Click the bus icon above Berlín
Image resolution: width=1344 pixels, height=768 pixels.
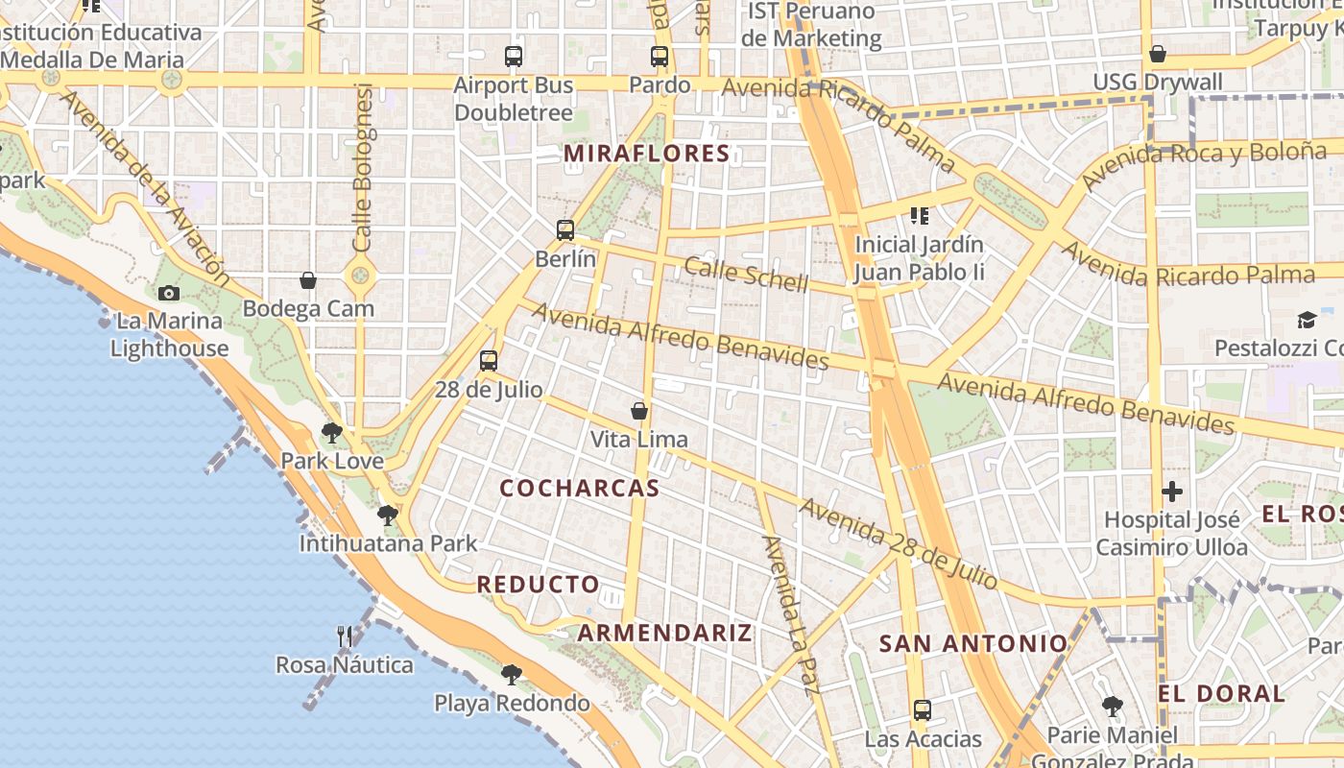coord(565,230)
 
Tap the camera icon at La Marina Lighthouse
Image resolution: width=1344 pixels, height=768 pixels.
coord(169,293)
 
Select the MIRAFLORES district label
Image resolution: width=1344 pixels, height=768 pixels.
coord(647,154)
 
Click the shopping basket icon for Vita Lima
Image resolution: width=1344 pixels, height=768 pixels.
coord(639,411)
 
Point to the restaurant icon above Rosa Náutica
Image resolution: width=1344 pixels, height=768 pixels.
coord(345,636)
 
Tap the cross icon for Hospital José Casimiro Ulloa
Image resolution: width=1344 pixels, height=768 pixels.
coord(1172,492)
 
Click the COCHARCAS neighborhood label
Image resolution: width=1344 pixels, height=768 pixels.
coord(580,488)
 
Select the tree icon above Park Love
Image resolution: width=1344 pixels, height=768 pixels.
coord(332,433)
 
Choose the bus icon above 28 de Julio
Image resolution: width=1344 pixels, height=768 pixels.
coord(489,361)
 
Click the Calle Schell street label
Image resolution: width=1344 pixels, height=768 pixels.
coord(746,275)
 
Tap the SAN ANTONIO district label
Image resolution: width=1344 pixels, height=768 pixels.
coord(973,643)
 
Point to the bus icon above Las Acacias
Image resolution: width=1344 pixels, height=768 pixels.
coord(923,710)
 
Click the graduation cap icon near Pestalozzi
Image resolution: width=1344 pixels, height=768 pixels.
coord(1307,320)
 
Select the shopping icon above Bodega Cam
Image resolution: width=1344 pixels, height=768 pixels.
coord(308,280)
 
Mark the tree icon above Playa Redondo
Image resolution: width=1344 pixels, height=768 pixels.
coord(512,675)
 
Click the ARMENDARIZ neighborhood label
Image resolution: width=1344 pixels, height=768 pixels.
coord(665,633)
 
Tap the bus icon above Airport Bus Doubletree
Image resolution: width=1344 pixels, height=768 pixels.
coord(514,57)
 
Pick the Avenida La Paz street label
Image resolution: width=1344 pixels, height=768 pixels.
coord(791,614)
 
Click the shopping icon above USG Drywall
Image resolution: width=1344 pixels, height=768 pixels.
coord(1158,54)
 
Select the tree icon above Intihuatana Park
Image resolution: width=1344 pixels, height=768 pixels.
coord(388,516)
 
